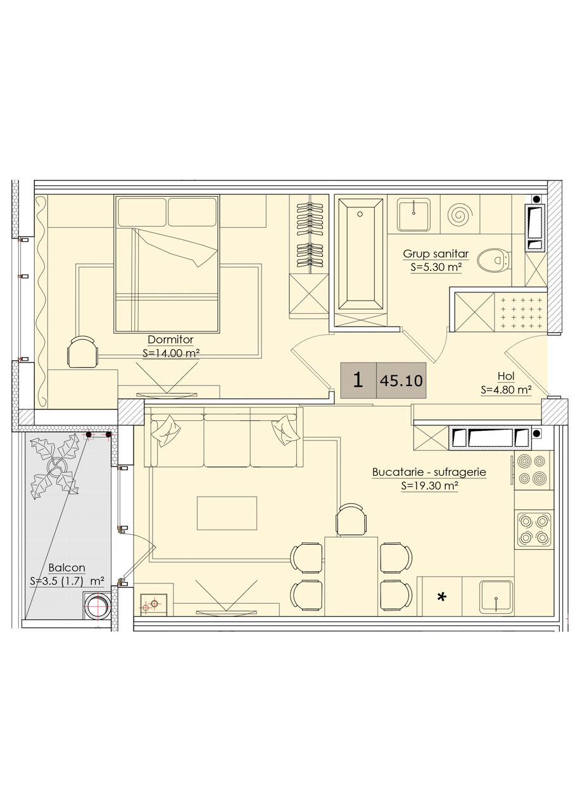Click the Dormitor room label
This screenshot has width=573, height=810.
click(170, 340)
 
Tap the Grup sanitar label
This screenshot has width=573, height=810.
click(436, 254)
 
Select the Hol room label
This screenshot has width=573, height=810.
click(506, 376)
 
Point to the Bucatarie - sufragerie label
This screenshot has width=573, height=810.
click(429, 472)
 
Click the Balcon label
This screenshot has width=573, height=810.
click(67, 568)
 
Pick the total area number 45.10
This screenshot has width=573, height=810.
click(401, 381)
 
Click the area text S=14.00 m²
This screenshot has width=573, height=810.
click(172, 353)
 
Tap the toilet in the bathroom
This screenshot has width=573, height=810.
click(493, 259)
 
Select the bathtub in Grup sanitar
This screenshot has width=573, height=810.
click(360, 254)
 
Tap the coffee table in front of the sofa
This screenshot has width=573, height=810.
click(227, 513)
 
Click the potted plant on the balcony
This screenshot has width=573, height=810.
click(55, 466)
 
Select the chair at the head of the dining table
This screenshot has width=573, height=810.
click(351, 520)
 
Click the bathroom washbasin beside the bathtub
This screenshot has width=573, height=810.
click(413, 215)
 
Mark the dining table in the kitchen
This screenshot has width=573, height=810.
click(351, 576)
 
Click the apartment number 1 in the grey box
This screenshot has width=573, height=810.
click(358, 380)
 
